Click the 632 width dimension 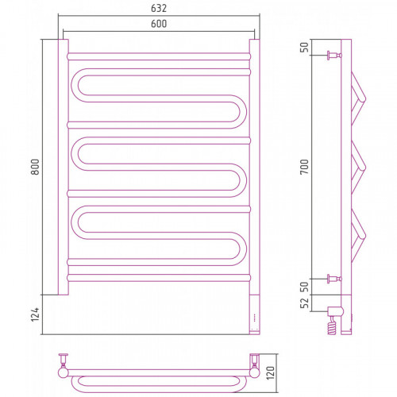[x=159, y=9]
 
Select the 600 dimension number [x=159, y=24]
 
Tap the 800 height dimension [x=35, y=167]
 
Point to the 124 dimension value [x=35, y=314]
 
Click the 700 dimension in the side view [x=304, y=167]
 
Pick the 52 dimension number [x=304, y=303]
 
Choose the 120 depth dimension [x=271, y=373]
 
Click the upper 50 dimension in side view [x=304, y=47]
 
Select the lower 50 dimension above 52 [x=304, y=287]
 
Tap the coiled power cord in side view [x=332, y=328]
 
